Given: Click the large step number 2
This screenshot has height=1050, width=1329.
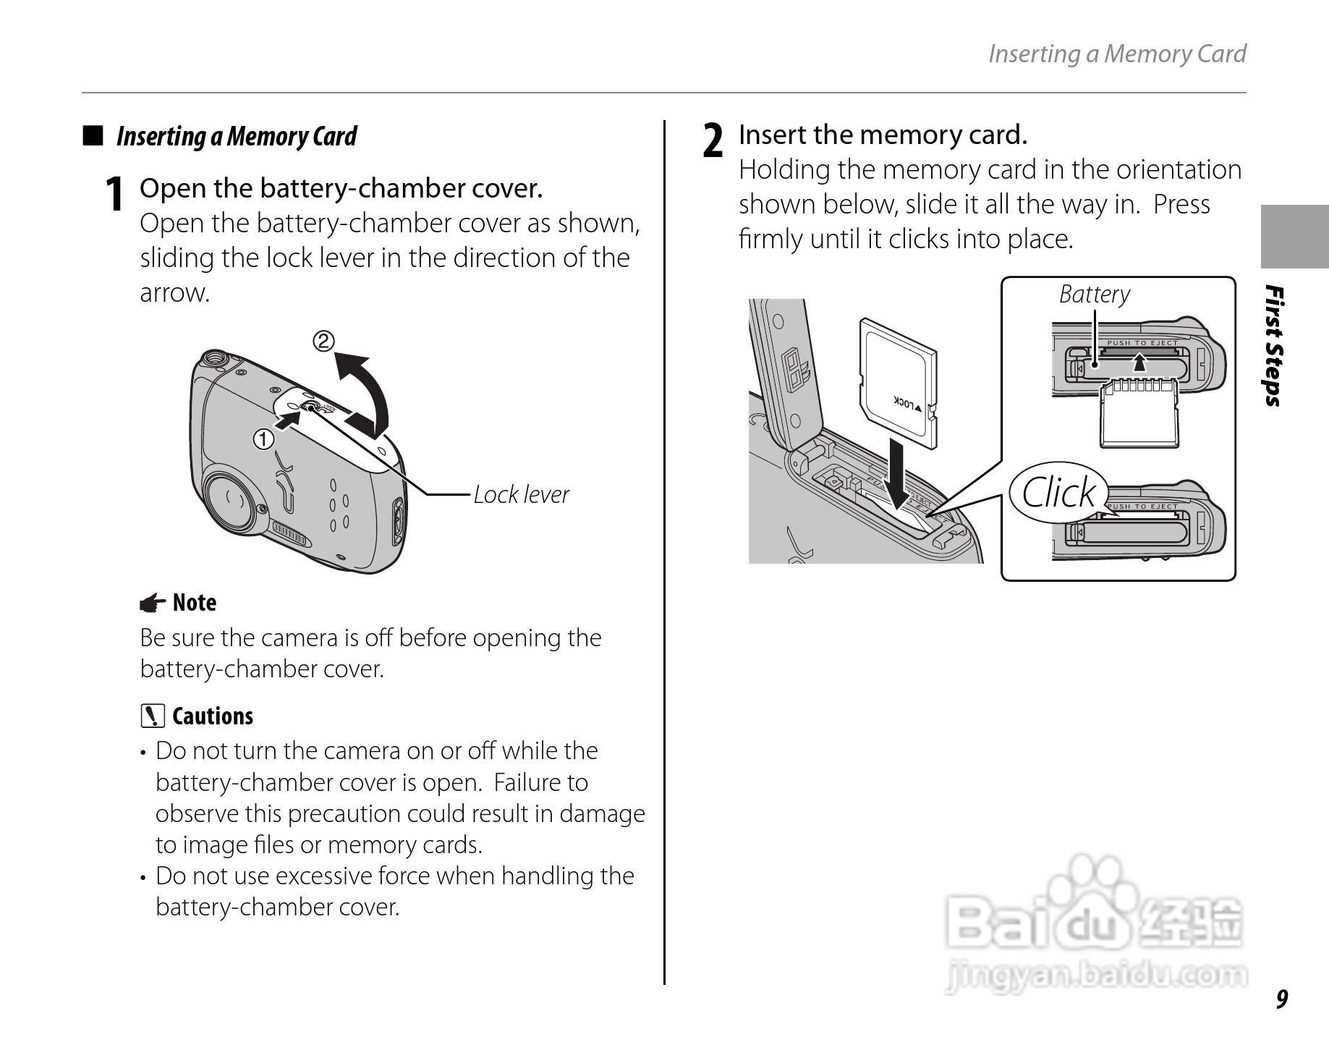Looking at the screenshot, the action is coord(713,140).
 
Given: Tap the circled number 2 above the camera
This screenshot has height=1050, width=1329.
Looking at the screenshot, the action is coord(323,341).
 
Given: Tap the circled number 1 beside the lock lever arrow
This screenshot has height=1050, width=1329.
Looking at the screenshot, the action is coord(263,439).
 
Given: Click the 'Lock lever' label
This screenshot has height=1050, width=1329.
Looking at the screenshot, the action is coord(521,495).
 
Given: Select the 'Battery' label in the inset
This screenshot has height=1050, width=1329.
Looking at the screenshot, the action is coord(1094,295).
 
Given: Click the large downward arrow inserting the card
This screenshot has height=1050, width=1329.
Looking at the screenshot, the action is coord(899,477).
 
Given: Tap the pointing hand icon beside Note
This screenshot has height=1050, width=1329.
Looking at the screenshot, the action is coord(152,603).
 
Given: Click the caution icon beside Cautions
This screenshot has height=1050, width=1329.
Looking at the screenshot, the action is coord(153,716).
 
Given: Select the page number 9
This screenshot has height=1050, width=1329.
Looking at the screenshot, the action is coord(1281,999).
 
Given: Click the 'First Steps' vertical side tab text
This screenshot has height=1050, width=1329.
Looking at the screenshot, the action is coord(1275,347).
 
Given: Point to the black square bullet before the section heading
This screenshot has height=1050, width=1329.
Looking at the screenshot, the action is coord(93,136).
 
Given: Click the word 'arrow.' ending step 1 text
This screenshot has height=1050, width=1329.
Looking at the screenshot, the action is coord(174,293).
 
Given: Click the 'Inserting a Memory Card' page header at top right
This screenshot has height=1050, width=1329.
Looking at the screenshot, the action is coord(1117,54).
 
